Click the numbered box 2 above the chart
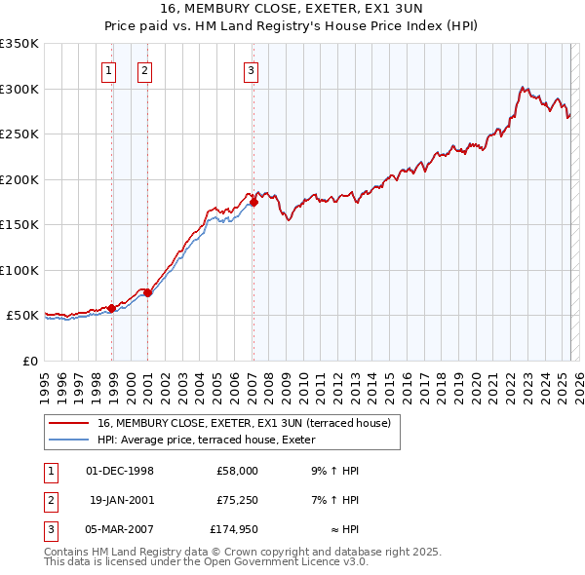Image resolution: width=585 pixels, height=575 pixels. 143,69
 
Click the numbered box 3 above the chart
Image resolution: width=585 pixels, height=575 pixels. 251,69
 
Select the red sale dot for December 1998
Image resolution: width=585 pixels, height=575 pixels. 111,308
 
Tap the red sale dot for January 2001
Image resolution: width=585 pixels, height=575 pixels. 147,292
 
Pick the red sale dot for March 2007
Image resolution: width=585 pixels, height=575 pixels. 253,203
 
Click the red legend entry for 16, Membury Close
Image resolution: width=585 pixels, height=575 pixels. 244,423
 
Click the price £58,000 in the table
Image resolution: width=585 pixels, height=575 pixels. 237,471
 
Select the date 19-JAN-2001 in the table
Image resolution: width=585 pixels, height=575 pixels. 121,500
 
